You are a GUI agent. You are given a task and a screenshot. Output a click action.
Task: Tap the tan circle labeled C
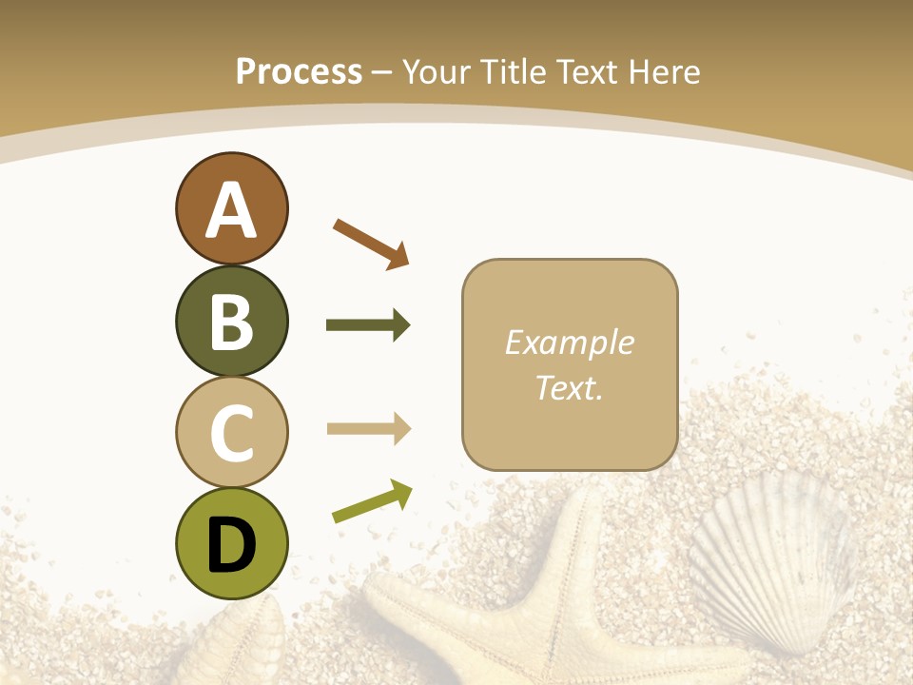point(231,433)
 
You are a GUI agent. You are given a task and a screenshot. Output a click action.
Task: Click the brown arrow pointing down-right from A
point(371,243)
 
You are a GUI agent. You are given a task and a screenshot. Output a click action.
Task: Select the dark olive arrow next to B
point(368,325)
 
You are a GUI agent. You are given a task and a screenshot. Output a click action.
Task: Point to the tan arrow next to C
point(368,429)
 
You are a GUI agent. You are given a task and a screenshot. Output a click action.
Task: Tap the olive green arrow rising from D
point(372,501)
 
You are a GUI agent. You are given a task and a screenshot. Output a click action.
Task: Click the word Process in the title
point(299,71)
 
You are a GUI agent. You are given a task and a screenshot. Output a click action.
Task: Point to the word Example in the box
point(569,342)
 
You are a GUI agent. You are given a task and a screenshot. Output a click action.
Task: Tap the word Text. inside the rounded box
point(569,387)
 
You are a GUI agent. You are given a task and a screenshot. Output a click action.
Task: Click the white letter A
point(231,211)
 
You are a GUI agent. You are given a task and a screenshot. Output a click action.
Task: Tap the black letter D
point(231,546)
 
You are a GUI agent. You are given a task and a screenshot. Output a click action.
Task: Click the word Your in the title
point(439,71)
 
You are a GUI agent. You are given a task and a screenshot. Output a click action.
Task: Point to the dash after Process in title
point(382,73)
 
